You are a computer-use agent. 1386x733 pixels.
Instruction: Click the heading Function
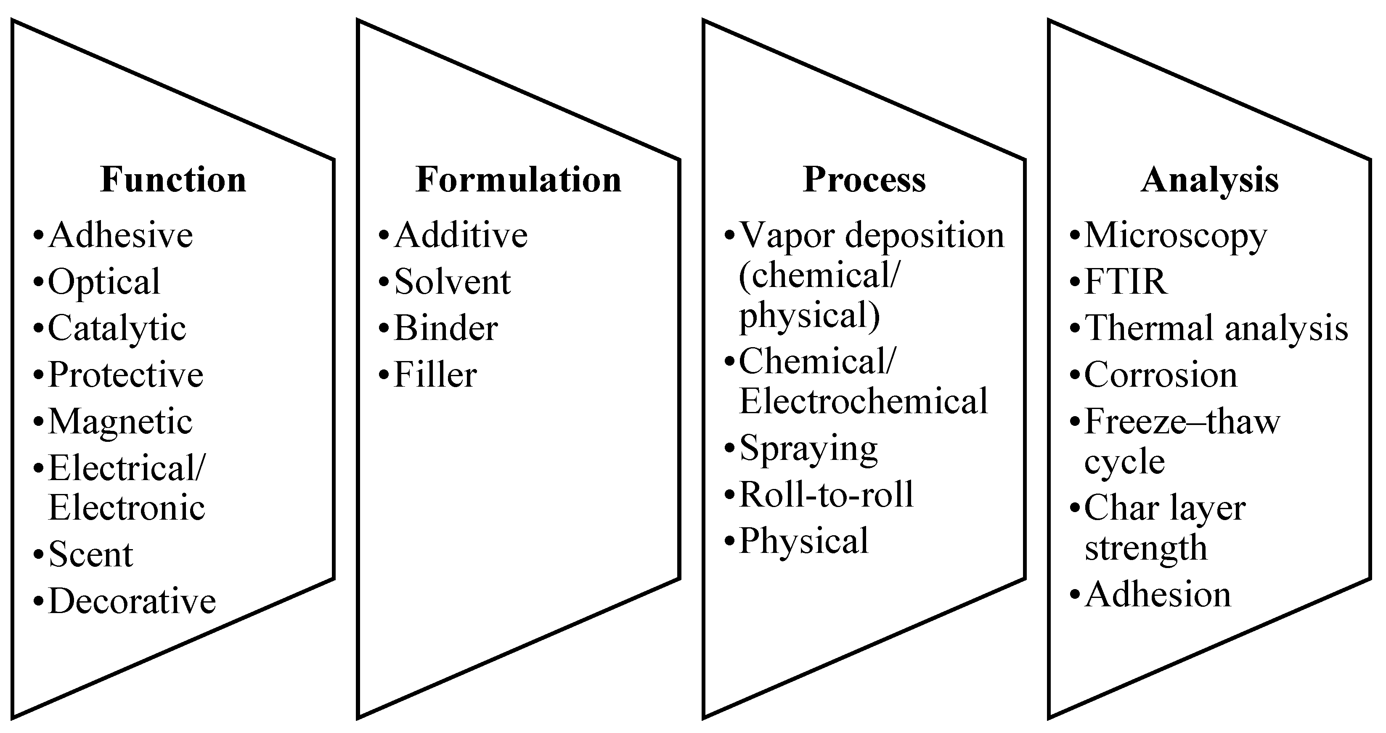point(173,179)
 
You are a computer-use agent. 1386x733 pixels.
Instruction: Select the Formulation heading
point(518,179)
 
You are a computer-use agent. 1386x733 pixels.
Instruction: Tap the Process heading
point(864,179)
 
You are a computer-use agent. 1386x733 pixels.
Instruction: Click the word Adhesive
point(121,235)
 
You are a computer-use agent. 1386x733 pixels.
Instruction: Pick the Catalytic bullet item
point(117,328)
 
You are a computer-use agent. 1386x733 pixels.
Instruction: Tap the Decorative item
point(132,601)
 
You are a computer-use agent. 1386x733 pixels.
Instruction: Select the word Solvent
point(452,282)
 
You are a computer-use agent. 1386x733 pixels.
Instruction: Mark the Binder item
point(445,328)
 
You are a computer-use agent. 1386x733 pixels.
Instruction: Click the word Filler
point(435,375)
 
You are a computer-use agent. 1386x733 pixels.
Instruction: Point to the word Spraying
point(808,448)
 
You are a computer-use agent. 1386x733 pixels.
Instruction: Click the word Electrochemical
point(864,401)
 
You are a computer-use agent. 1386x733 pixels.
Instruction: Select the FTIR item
point(1126,282)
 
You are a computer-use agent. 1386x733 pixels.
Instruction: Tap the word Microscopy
point(1176,236)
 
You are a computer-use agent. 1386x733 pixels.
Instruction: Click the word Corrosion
point(1161,375)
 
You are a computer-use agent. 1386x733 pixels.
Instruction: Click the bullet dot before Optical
point(38,282)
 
